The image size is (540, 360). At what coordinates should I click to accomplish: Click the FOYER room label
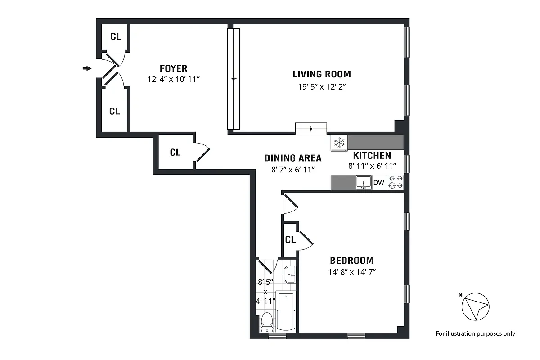point(173,68)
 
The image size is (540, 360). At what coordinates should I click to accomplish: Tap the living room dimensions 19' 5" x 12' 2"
point(321,86)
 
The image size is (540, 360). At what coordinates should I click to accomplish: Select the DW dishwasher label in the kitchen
point(379,183)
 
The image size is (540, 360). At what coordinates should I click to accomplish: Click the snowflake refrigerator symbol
point(339,143)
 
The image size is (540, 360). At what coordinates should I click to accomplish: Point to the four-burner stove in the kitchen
point(396,182)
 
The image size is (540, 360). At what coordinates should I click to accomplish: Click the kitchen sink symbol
point(364,183)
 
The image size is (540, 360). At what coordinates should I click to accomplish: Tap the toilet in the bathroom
point(267,322)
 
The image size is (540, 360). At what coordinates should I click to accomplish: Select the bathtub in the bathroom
point(286,311)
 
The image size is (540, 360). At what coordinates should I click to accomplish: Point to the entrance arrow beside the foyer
point(87,68)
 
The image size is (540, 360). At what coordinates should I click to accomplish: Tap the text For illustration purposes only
point(475,333)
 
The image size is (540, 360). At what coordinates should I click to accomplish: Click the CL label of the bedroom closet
point(290,240)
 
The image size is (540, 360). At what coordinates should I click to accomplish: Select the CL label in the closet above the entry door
point(115,37)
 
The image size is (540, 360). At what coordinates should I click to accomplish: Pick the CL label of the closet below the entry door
point(114,111)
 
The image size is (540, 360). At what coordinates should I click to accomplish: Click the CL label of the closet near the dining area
point(175,153)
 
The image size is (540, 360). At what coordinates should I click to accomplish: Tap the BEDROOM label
point(351,260)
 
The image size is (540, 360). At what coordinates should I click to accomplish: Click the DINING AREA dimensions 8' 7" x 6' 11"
point(293,169)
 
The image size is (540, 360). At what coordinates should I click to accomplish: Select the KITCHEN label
point(372,156)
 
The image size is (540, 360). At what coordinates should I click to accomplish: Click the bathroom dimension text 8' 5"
point(265,283)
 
